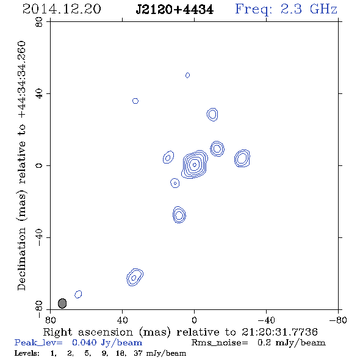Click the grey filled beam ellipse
pos(62,303)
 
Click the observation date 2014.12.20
pos(62,9)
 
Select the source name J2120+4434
pos(175,10)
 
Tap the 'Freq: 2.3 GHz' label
pos(286,9)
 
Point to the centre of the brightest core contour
pos(195,165)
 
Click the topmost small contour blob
pos(187,75)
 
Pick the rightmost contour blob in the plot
pos(242,158)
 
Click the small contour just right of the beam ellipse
pos(78,294)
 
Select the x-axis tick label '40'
pos(122,320)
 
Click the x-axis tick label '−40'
pos(266,320)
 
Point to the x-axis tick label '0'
pos(194,320)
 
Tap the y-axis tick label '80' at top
pos(39,22)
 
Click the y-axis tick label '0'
pos(39,165)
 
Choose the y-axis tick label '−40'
pos(39,237)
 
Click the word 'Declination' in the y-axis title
pos(21,259)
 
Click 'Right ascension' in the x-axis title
pos(88,332)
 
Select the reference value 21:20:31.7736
pos(279,332)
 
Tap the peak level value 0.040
pos(84,342)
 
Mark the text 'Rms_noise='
pos(220,343)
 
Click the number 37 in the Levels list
pos(138,353)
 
